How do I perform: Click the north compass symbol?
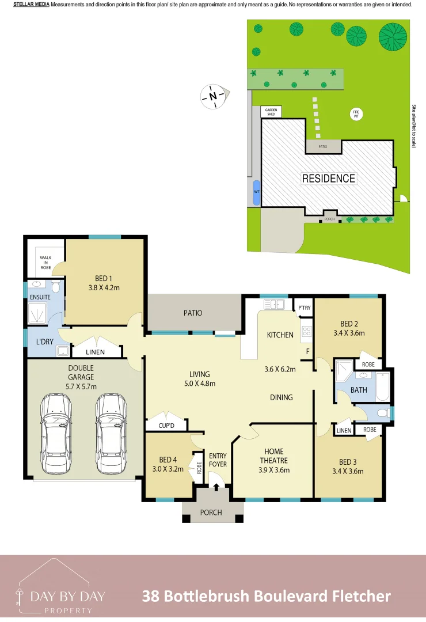tap(214, 96)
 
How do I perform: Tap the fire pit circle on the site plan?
tap(356, 114)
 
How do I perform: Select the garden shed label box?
tap(271, 112)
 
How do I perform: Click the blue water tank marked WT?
tap(257, 192)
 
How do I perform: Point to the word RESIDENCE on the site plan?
tap(329, 179)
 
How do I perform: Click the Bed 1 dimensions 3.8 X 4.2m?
tap(104, 287)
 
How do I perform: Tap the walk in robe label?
tap(45, 263)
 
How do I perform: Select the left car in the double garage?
tap(56, 433)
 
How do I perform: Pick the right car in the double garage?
tap(111, 433)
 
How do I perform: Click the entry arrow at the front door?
tap(216, 487)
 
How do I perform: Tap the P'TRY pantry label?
tap(304, 308)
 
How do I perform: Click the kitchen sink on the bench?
tap(274, 304)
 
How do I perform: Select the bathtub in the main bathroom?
tap(383, 387)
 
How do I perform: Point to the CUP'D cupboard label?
tap(166, 426)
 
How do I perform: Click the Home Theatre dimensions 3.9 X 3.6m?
tap(273, 470)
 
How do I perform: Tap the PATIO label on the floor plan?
tap(193, 313)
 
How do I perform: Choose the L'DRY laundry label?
tap(44, 342)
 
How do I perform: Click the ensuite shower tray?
tap(37, 313)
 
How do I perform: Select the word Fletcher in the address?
tap(362, 596)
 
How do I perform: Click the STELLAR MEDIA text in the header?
tap(31, 5)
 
